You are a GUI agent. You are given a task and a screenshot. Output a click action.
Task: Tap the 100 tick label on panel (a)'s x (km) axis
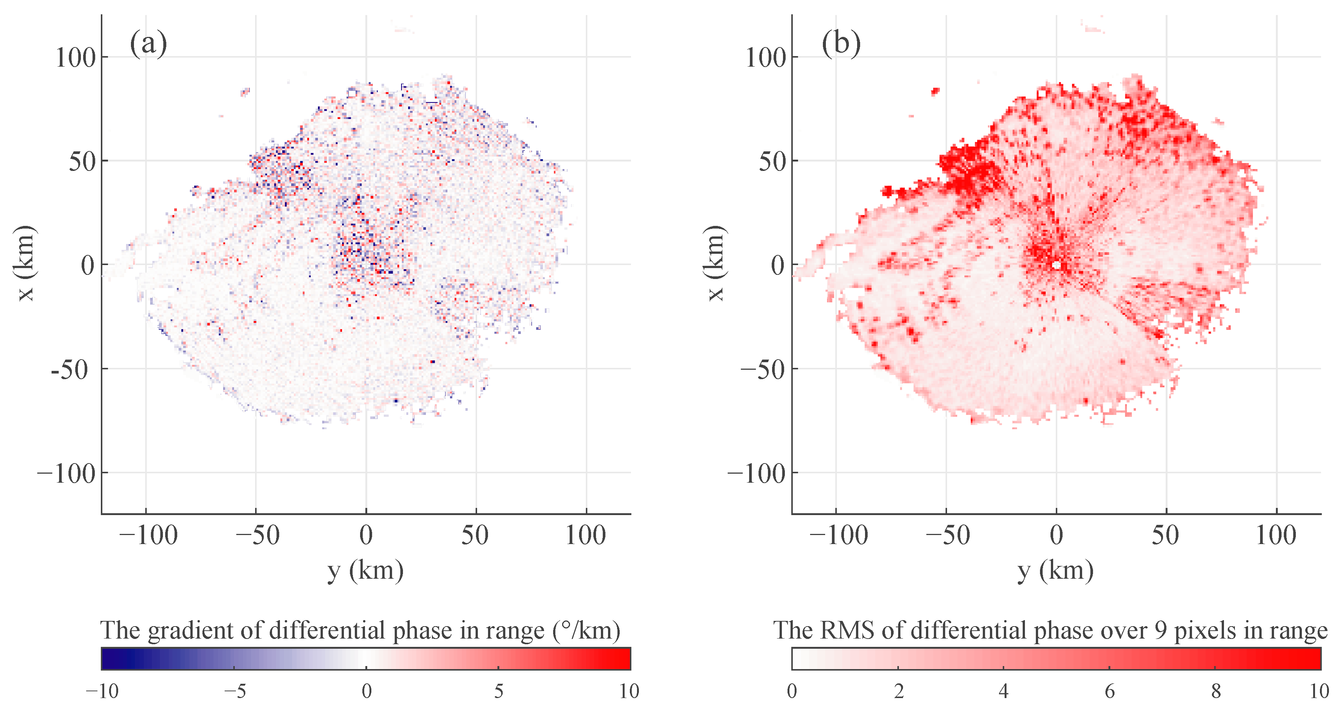pyautogui.click(x=76, y=57)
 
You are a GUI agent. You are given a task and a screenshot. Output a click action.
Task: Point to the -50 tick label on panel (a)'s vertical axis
pyautogui.click(x=69, y=370)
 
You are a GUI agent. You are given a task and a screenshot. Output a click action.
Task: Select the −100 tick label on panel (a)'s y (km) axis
pyautogui.click(x=148, y=535)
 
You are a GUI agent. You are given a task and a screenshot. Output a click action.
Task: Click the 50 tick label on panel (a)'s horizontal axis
pyautogui.click(x=475, y=535)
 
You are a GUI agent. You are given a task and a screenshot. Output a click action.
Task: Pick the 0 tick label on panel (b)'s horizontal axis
pyautogui.click(x=1056, y=535)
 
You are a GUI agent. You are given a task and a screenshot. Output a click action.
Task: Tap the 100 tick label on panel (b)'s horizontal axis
pyautogui.click(x=1276, y=535)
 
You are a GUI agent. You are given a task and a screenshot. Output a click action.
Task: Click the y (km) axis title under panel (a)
pyautogui.click(x=366, y=570)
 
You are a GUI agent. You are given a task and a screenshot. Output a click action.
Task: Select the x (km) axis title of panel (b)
pyautogui.click(x=715, y=264)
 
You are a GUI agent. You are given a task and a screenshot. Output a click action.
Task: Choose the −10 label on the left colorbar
pyautogui.click(x=102, y=691)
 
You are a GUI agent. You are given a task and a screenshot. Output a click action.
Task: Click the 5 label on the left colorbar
pyautogui.click(x=498, y=691)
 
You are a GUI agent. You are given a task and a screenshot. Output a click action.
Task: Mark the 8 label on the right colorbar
pyautogui.click(x=1216, y=691)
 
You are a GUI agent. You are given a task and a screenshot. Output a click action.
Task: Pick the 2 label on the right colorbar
pyautogui.click(x=899, y=691)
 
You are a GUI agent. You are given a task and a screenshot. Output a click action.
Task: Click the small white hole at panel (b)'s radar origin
pyautogui.click(x=1057, y=265)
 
